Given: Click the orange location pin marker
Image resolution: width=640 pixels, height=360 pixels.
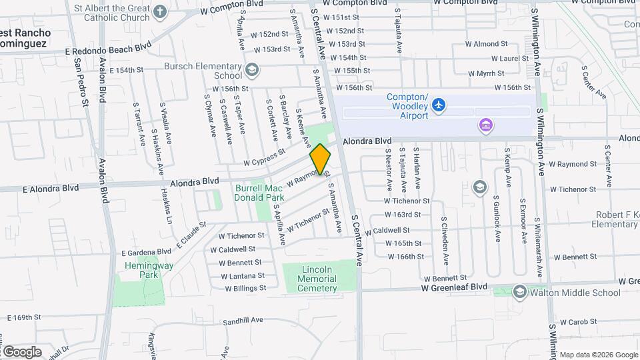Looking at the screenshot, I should tap(321, 159).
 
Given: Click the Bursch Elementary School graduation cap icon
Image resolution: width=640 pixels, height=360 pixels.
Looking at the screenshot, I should tap(252, 69).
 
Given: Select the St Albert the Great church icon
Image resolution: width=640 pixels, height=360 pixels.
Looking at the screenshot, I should tap(160, 11).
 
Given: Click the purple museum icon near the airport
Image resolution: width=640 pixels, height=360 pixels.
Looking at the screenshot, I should tap(485, 125).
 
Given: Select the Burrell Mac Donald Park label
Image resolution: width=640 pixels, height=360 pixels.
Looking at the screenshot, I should tap(259, 193).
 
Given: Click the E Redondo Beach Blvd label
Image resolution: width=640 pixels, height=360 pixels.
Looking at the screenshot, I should tap(109, 49).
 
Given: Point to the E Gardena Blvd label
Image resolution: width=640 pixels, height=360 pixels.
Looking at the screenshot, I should tap(146, 252).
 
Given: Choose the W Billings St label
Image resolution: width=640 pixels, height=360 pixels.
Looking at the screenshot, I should tap(245, 289).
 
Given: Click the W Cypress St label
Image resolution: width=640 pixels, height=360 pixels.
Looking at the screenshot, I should tap(264, 156).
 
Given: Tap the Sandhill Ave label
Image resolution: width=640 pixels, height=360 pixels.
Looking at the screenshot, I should tap(243, 321).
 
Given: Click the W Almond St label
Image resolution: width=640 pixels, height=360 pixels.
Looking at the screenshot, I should tap(491, 44).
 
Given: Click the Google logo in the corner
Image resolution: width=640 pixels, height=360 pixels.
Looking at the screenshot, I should tap(22, 351).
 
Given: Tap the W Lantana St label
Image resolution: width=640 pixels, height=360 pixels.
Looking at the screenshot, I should tap(243, 276).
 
